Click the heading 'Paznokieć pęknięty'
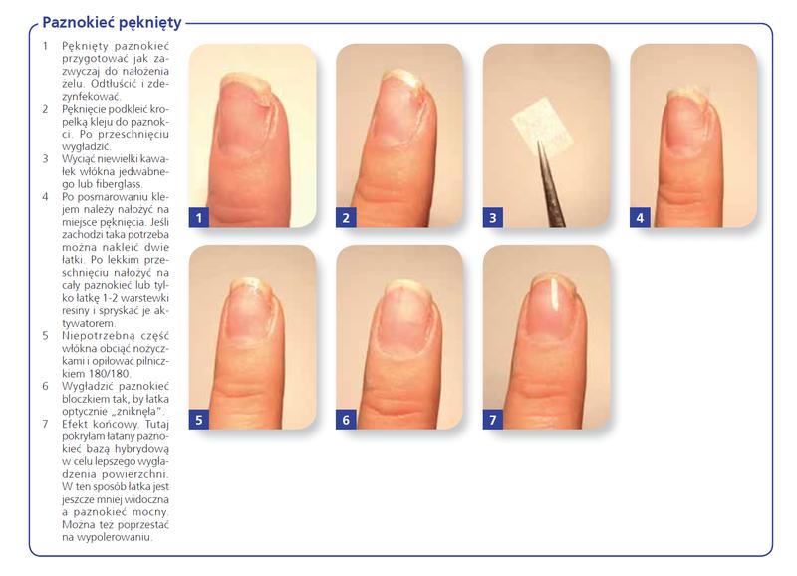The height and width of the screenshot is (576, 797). [112, 23]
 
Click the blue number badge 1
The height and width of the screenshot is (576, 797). [198, 217]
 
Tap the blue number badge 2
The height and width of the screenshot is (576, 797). [346, 217]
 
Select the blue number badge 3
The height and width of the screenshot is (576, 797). [492, 217]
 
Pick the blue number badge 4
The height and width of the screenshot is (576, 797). [640, 217]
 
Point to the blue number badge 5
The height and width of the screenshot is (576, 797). [198, 420]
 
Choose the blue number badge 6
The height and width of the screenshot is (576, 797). [346, 420]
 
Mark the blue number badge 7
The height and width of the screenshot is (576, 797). [492, 420]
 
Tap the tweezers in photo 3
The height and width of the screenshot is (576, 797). [551, 185]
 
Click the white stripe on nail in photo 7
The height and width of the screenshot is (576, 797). [554, 293]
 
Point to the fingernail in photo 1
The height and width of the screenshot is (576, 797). [245, 115]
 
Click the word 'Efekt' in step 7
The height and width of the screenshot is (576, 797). [75, 424]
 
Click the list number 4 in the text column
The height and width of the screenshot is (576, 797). [45, 196]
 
